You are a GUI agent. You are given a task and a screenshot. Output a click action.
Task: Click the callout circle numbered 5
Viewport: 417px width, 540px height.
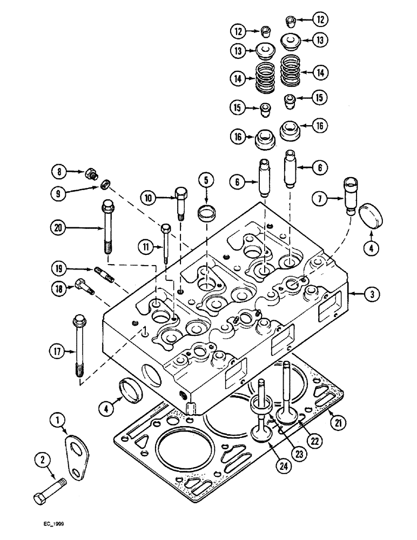[x=205, y=179]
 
